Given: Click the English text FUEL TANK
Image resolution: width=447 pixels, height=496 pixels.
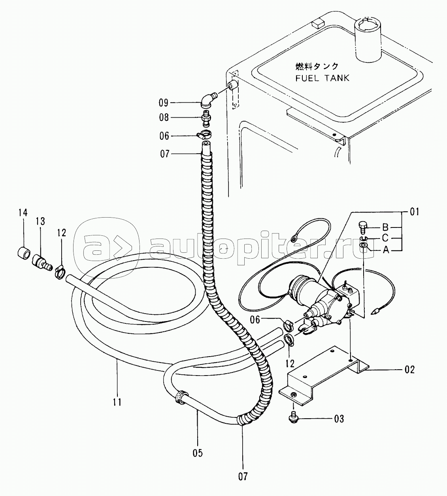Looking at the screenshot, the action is coord(323,78).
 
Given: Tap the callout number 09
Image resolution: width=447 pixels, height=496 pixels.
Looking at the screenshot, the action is coord(163,103).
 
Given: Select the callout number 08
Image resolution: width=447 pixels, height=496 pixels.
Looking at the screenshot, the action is coord(164,117).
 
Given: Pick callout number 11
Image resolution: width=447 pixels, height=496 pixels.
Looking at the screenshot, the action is coord(117,402).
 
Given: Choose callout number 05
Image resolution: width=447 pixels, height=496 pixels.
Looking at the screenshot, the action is coord(198,453).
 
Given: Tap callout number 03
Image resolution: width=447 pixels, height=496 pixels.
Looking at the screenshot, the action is coord(339,419).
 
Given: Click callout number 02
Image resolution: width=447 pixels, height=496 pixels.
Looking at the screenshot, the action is coord(409,377).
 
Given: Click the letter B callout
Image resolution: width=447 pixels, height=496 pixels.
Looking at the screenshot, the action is coord(385,227).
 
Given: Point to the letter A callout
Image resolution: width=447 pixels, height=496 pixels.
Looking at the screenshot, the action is coord(386,250).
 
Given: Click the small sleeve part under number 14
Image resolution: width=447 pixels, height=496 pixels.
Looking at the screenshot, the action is coord(24,252).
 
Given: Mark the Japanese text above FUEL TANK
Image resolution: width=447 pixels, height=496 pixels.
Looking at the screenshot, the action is coord(317,66).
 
